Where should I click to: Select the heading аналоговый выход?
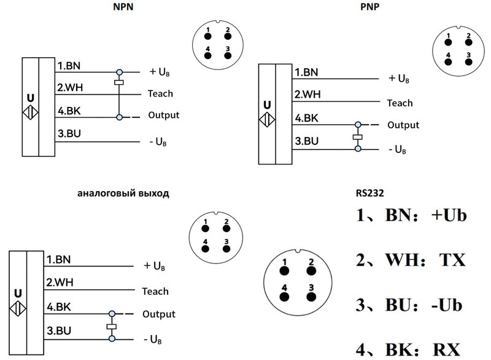point(123,193)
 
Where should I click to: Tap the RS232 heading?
point(368,193)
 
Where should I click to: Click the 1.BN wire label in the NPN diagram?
point(70,66)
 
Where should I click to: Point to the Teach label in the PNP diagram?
point(400,103)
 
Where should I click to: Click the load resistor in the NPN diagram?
point(119,82)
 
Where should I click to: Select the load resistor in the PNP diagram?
point(356,137)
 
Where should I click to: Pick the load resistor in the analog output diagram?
point(111,326)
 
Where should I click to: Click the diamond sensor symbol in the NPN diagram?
point(29,114)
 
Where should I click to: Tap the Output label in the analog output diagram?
point(159,315)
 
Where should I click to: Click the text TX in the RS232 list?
point(451,260)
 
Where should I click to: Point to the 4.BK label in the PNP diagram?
point(307,119)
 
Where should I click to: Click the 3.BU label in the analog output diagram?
point(59,330)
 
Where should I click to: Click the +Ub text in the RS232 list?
point(445,216)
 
